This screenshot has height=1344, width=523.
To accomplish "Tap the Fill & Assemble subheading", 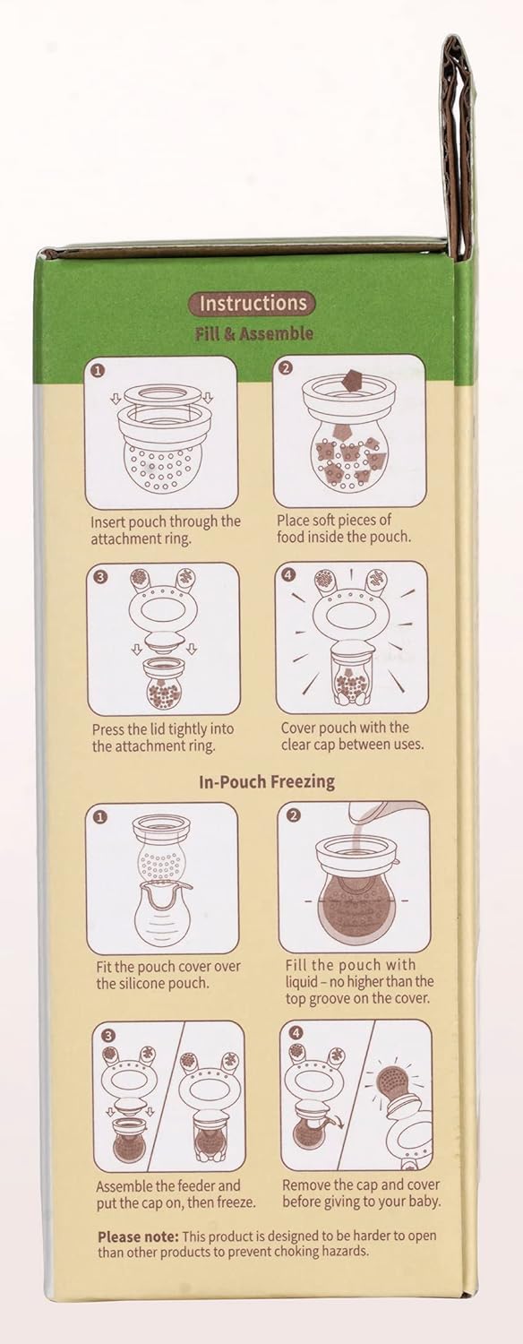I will [254, 333].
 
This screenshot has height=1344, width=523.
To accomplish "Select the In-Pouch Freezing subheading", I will [266, 781].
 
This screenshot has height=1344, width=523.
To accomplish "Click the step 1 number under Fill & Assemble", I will [99, 368].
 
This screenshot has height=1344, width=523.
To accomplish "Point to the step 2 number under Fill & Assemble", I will [286, 367].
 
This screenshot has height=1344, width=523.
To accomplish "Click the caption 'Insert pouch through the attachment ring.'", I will [165, 530].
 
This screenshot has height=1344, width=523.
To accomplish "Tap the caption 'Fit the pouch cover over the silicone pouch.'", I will [168, 975].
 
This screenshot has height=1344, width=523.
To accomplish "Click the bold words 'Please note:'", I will [131, 1236].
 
